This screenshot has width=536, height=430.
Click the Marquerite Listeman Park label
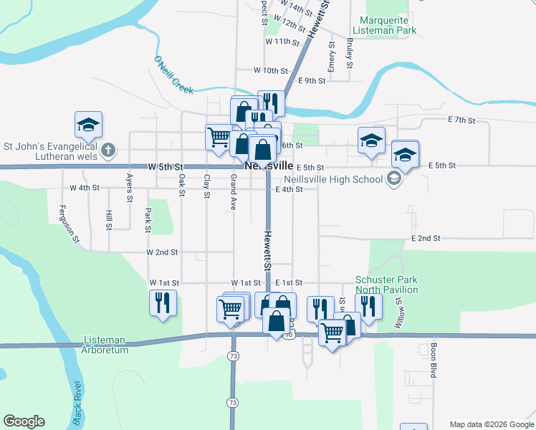point(388,26)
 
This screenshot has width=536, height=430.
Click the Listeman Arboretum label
point(105,345)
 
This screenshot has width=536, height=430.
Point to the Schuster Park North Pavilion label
point(387,285)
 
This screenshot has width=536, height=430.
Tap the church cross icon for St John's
point(107,150)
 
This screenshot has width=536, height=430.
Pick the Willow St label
point(398,312)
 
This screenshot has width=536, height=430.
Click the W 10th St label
point(271,71)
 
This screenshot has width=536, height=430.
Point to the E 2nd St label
point(425,238)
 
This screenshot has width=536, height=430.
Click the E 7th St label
point(461,120)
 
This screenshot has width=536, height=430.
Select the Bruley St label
point(350,52)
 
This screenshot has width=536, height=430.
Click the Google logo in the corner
point(24,422)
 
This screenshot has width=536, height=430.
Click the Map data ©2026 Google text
point(491,424)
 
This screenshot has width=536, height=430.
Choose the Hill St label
point(109,220)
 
